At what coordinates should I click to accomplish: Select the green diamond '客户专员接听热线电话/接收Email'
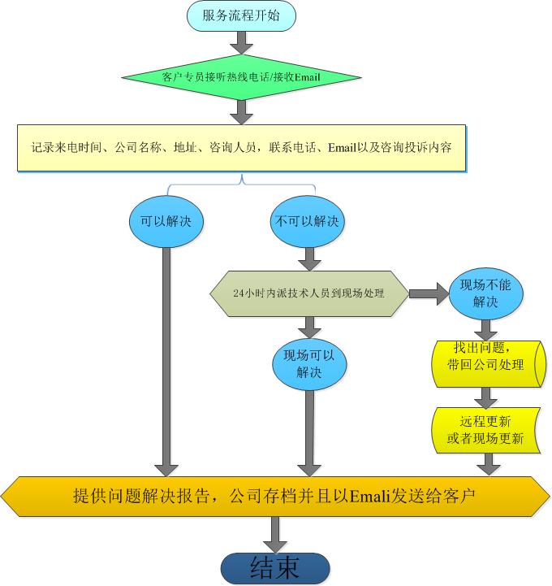pyautogui.click(x=241, y=77)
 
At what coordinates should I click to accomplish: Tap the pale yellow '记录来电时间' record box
pyautogui.click(x=241, y=148)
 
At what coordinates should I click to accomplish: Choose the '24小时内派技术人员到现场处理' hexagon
pyautogui.click(x=308, y=293)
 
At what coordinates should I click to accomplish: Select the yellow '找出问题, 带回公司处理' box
pyautogui.click(x=485, y=357)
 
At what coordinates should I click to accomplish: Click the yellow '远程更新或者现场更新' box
pyautogui.click(x=485, y=430)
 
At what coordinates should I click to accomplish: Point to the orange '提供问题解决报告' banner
pyautogui.click(x=276, y=495)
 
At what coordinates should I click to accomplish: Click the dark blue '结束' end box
pyautogui.click(x=276, y=567)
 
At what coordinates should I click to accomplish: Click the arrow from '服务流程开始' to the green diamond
pyautogui.click(x=241, y=41)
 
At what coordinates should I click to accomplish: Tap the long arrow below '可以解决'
pyautogui.click(x=166, y=358)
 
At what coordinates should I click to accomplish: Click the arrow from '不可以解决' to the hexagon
pyautogui.click(x=308, y=258)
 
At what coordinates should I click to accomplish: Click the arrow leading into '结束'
pyautogui.click(x=276, y=535)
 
